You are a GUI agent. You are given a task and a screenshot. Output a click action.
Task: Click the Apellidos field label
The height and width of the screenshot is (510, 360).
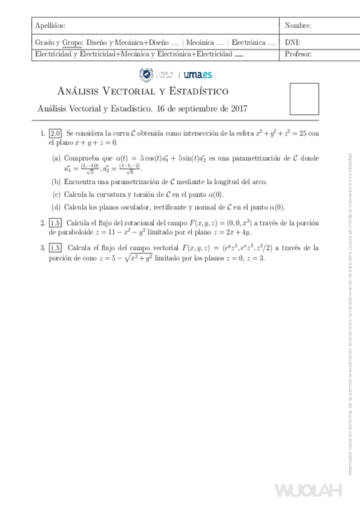[x=50, y=26]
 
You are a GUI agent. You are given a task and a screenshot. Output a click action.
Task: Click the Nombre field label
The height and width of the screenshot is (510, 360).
[x=297, y=26]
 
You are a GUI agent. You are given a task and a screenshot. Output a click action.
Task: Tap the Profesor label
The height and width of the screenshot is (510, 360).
[x=298, y=54]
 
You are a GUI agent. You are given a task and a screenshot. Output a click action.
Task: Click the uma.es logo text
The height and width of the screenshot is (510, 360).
[x=197, y=74]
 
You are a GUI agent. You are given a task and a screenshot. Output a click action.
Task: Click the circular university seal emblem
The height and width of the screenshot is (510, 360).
[x=146, y=74]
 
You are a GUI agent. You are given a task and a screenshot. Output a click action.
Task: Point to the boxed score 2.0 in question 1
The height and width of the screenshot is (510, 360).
[x=55, y=134]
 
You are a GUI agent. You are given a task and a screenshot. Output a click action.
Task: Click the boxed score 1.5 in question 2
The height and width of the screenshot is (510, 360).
[x=55, y=223]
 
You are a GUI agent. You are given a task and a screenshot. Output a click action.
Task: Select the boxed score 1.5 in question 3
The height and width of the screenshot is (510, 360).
[x=55, y=248]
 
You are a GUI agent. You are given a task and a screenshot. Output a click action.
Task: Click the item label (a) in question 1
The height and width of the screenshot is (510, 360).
[x=56, y=158]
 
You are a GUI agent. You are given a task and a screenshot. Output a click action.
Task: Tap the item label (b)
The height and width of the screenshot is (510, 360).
[x=56, y=182]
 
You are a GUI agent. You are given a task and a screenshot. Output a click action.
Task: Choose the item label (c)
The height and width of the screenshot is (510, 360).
[x=56, y=194]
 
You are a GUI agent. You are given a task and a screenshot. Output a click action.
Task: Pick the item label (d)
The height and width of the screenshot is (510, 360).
[x=56, y=207]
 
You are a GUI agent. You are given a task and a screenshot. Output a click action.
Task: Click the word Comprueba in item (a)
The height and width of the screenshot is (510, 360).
[x=83, y=158]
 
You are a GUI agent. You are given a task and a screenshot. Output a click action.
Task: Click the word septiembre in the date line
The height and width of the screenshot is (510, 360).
[x=192, y=109]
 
